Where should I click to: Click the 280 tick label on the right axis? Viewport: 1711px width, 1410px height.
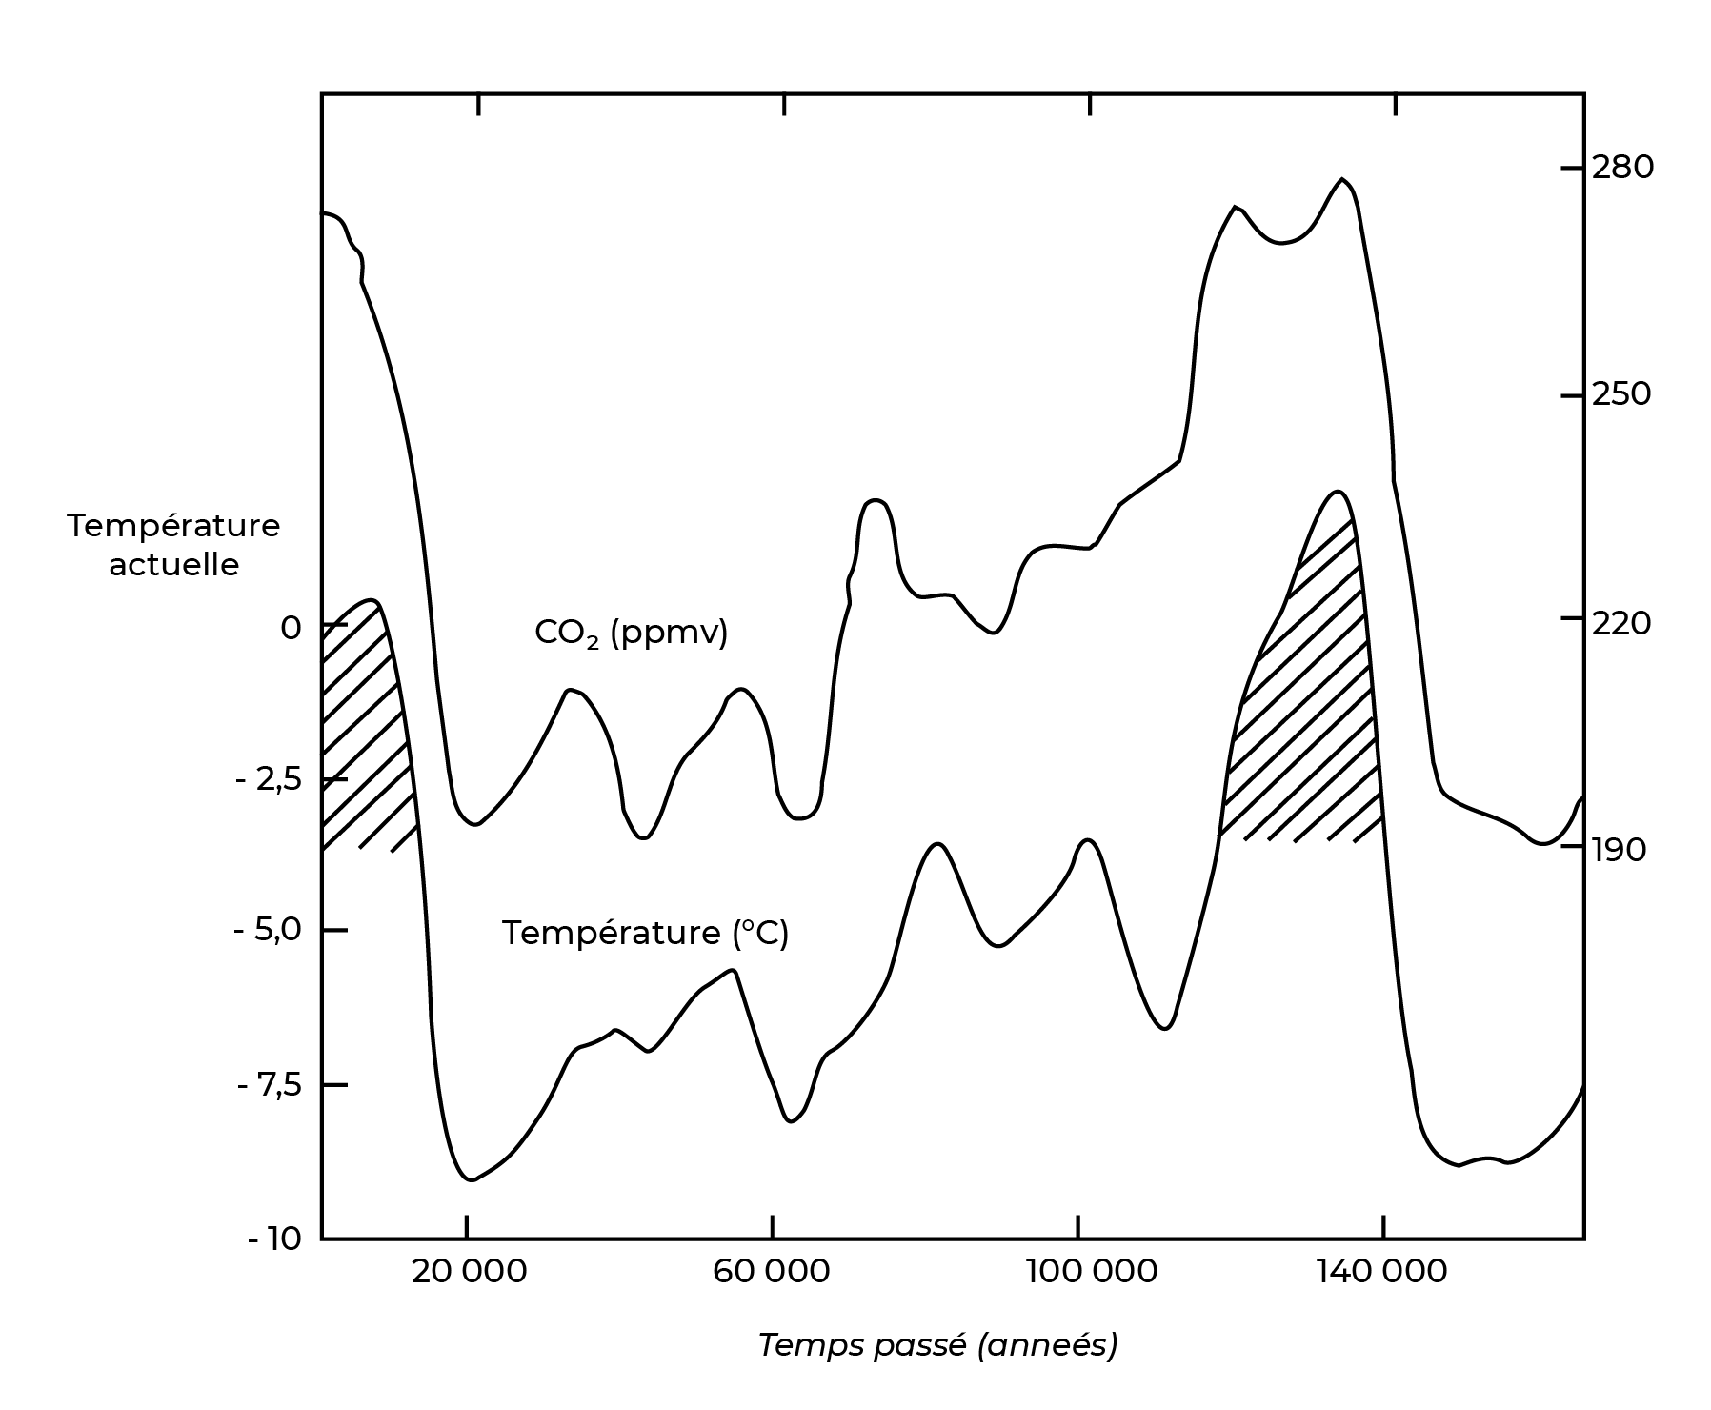pos(1622,168)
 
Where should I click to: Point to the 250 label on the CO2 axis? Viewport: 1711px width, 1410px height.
pos(1622,394)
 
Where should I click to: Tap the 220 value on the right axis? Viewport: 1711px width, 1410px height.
pos(1622,623)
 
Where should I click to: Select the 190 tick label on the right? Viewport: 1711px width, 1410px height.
pos(1619,850)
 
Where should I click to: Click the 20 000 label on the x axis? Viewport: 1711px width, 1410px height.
pos(469,1272)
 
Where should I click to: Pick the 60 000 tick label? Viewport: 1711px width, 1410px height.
pos(772,1272)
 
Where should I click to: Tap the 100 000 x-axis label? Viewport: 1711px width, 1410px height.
pos(1077,1272)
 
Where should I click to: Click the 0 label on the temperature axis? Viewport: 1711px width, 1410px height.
pos(290,628)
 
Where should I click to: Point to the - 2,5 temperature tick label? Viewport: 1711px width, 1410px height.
pos(268,780)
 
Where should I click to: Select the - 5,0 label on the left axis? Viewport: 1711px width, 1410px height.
pos(268,930)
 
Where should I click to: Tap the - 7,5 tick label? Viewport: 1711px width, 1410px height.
pos(268,1085)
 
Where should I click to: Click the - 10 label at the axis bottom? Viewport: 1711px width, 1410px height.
pos(273,1240)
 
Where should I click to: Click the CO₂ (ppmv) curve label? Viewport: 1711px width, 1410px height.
pos(631,632)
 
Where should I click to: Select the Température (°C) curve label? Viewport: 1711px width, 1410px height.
pos(645,933)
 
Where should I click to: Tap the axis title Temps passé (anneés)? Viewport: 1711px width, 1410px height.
pos(937,1345)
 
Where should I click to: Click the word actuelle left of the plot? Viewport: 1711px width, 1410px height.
pos(173,565)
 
